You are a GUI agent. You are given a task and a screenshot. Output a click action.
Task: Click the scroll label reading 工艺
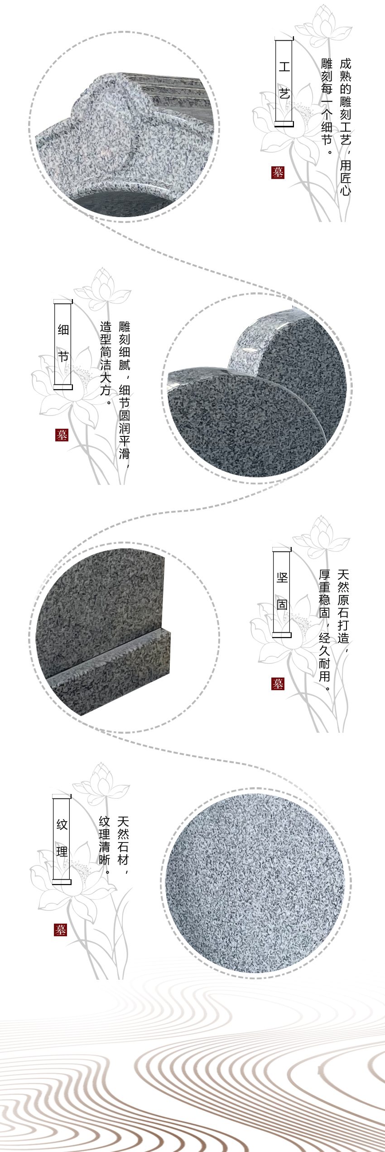click(284, 82)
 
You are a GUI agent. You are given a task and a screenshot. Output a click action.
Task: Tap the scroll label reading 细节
click(63, 344)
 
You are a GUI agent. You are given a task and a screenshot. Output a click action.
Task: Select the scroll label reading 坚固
click(282, 591)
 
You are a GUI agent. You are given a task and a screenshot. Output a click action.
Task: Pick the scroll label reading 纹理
click(62, 838)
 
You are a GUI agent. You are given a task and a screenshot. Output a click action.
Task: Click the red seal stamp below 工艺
click(278, 172)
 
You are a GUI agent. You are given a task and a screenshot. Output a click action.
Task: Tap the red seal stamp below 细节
click(62, 435)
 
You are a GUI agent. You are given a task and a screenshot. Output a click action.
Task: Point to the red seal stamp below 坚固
click(278, 684)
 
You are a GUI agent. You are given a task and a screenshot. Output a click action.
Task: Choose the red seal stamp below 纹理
click(60, 930)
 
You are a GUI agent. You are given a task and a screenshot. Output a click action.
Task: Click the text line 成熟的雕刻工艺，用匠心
click(345, 127)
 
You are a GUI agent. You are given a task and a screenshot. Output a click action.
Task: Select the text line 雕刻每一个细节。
click(327, 106)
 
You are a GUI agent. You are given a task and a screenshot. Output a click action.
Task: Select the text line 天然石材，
click(123, 841)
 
